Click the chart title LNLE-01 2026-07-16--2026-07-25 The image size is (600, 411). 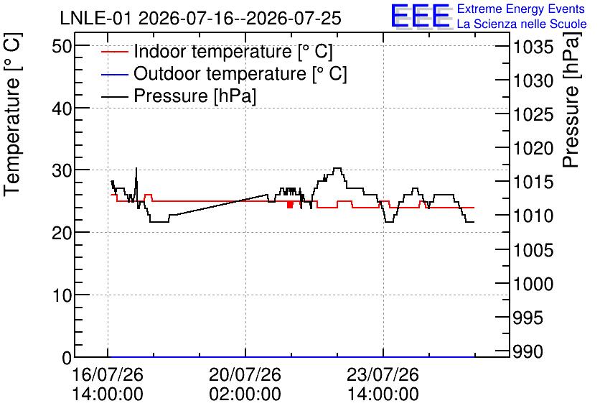pos(200,18)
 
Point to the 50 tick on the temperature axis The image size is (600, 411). pos(62,47)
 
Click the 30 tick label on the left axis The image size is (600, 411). pos(62,171)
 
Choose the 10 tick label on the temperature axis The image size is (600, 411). pos(62,296)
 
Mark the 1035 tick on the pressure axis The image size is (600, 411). pos(533,47)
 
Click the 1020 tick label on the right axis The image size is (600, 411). pos(533,148)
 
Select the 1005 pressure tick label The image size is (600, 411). pos(533,251)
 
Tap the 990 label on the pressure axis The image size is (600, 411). pos(528,351)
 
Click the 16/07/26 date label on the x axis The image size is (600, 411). pos(108,374)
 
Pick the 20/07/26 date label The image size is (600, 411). pos(245,374)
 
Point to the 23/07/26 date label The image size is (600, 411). pos(383,374)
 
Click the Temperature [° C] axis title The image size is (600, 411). pos(12,114)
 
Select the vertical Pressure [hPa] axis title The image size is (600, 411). pos(571,100)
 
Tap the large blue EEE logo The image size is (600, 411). pos(420,16)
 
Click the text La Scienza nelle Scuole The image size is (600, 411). pos(522,24)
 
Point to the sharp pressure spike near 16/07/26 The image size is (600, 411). pos(136,169)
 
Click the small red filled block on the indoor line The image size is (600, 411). pos(290,205)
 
